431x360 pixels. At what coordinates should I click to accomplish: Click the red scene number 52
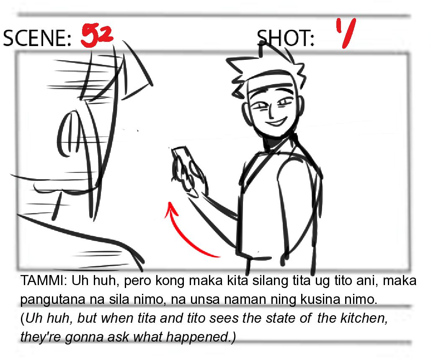click(97, 36)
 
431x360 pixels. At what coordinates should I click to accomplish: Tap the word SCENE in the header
click(37, 38)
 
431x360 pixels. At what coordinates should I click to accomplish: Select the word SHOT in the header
click(285, 38)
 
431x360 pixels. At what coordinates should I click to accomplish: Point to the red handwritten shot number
click(346, 32)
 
